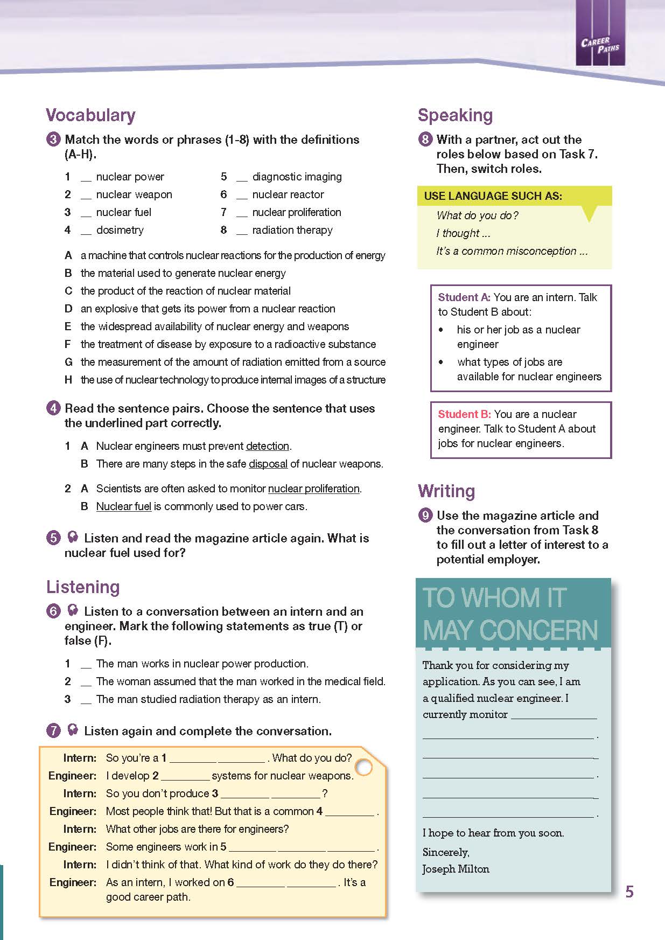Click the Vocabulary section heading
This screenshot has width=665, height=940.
[x=90, y=115]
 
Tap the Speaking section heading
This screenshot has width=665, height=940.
[x=455, y=115]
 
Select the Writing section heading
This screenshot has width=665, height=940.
[x=446, y=491]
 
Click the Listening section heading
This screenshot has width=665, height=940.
[x=83, y=587]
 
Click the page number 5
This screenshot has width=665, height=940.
[x=629, y=892]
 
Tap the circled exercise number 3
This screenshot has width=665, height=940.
[x=53, y=140]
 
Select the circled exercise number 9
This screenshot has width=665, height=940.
[x=425, y=516]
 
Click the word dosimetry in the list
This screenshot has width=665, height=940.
[x=120, y=231]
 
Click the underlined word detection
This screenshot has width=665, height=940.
[x=268, y=447]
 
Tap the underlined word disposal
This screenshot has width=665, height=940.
[x=268, y=464]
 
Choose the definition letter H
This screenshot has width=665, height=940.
[x=68, y=380]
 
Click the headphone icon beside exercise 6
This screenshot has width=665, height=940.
[x=72, y=611]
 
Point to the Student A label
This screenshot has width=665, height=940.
[x=464, y=297]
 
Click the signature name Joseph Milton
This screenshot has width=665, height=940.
[x=456, y=869]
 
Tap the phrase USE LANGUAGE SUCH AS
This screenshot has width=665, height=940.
[x=493, y=196]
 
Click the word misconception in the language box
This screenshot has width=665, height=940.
[x=543, y=251]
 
